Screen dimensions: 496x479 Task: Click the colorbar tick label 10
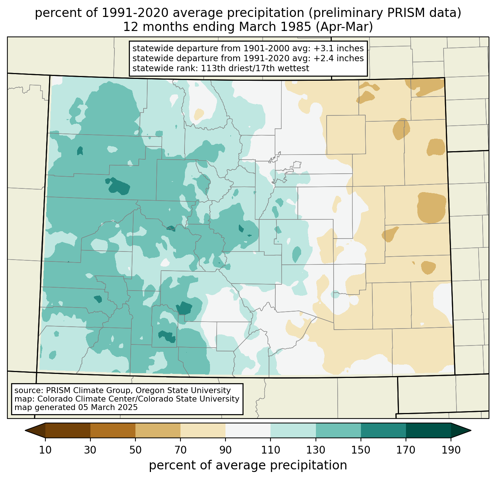click(45, 450)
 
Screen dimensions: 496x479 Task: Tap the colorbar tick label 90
click(225, 450)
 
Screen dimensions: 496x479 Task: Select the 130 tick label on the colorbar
click(316, 450)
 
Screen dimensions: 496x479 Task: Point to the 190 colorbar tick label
click(451, 450)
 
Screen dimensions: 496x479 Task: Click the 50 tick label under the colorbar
click(135, 450)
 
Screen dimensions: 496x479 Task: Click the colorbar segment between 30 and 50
click(113, 430)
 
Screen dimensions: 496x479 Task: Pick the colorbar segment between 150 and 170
click(383, 430)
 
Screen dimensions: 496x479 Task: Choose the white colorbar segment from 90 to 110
click(248, 430)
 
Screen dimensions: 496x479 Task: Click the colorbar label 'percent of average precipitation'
click(248, 465)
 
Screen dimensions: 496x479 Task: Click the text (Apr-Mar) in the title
click(344, 27)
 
